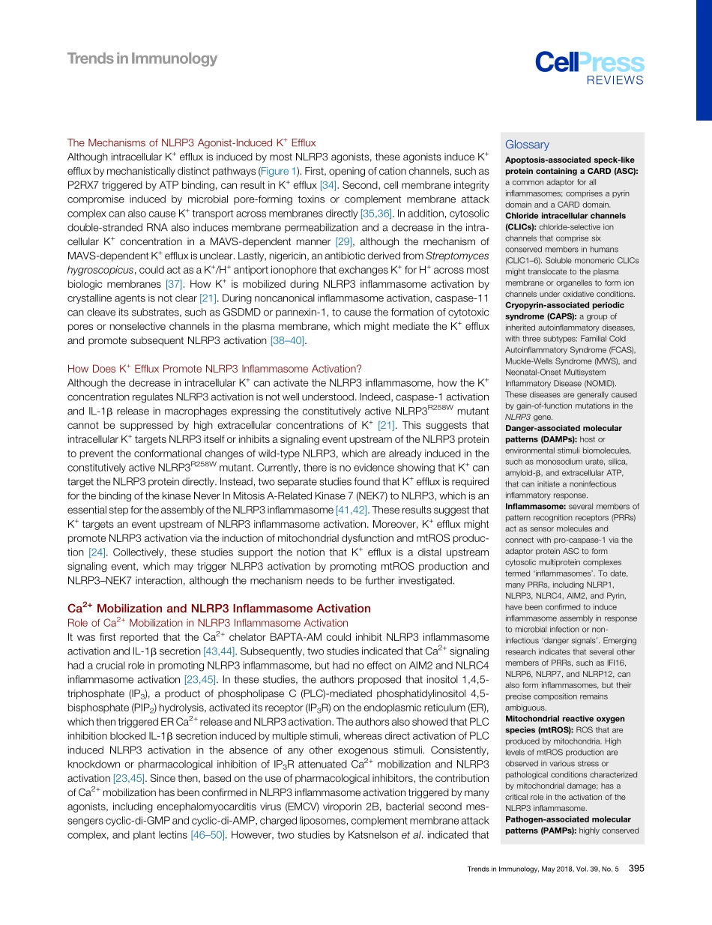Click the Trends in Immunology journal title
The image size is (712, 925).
point(142,58)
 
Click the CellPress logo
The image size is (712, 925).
point(589,63)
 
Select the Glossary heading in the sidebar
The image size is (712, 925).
point(527,145)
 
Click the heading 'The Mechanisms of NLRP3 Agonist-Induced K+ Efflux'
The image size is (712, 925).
point(191,142)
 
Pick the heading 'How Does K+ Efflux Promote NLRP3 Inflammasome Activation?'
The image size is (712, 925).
point(214,368)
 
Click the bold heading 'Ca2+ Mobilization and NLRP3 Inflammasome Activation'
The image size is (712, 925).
point(219,608)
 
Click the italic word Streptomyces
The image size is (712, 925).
point(457,256)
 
